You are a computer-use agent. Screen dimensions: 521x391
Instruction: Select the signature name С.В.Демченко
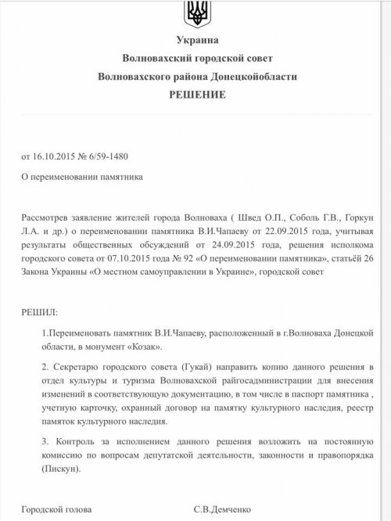[224, 508]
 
